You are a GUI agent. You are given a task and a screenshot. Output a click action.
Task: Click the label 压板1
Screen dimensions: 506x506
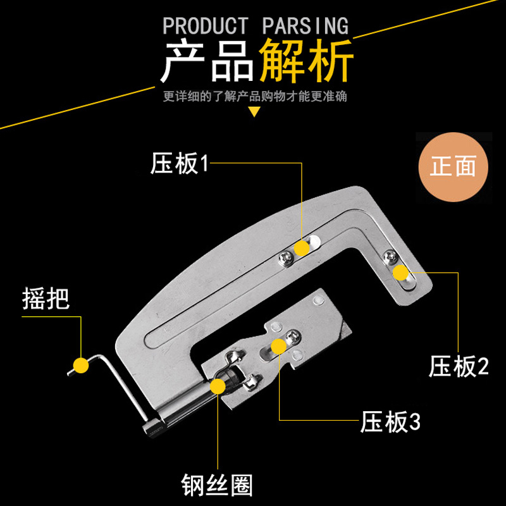tap(179, 164)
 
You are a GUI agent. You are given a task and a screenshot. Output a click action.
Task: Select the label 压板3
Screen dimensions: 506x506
tap(390, 422)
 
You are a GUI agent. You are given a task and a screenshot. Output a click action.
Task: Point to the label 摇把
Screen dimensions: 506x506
tap(45, 298)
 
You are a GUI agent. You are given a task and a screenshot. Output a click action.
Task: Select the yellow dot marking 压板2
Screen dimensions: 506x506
tap(400, 273)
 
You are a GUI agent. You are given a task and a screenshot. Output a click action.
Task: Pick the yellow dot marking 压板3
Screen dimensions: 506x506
tap(278, 345)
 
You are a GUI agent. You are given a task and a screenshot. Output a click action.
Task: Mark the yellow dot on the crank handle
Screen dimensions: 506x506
tap(80, 365)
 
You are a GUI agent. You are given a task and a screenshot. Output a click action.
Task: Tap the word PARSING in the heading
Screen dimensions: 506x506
tap(305, 26)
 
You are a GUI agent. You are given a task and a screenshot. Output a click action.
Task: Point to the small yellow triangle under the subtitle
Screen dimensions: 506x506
tap(254, 113)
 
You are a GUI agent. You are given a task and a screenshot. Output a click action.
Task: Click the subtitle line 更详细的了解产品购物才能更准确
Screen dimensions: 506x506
tap(254, 97)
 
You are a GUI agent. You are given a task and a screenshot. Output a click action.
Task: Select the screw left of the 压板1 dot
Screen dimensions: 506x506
tap(286, 256)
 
